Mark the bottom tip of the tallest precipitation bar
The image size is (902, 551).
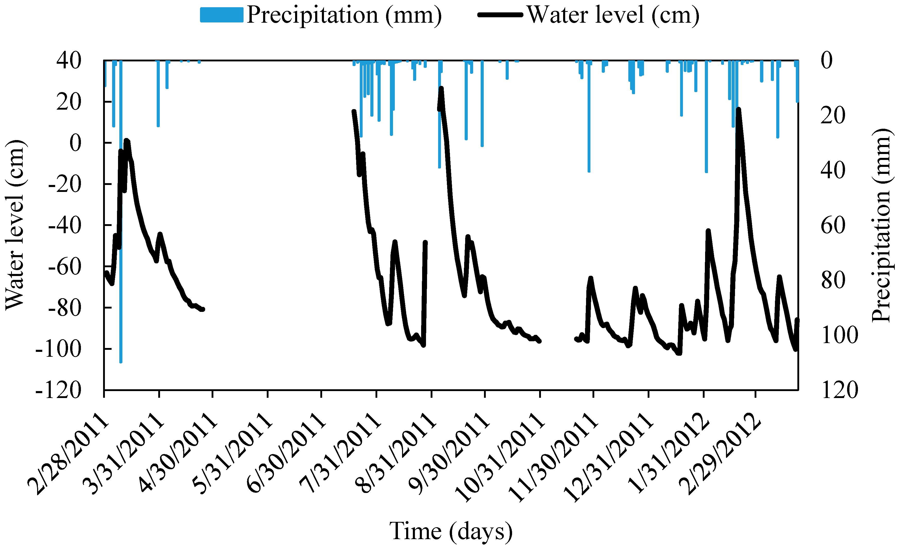pos(121,362)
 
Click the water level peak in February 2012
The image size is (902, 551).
pos(738,109)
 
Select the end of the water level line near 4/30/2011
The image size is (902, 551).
pos(203,310)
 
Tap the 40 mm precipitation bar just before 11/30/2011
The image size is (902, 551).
pos(589,171)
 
